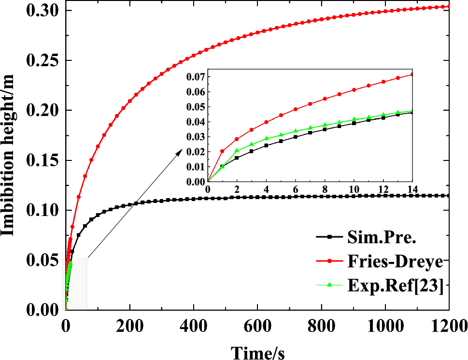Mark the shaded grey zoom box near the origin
pyautogui.click(x=76, y=284)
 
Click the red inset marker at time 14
pyautogui.click(x=412, y=74)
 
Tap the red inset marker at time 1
pyautogui.click(x=222, y=151)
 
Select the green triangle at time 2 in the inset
pyautogui.click(x=237, y=150)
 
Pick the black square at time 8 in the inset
pyautogui.click(x=325, y=130)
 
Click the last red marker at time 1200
pyautogui.click(x=448, y=6)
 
